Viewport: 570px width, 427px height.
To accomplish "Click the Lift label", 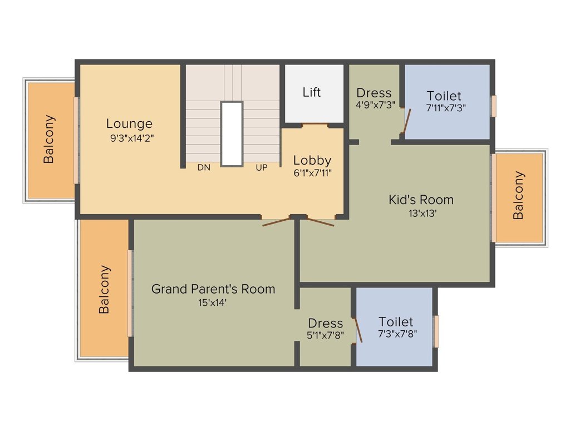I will pos(312,92).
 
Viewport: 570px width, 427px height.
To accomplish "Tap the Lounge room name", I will pos(129,123).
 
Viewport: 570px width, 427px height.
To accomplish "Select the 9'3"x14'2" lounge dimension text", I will pos(132,138).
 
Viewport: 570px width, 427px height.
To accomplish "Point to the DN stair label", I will pos(204,167).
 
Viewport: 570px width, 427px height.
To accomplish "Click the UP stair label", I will pos(262,167).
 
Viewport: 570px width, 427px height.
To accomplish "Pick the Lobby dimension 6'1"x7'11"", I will pos(312,173).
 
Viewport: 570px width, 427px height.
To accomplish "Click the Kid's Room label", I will pos(421,199).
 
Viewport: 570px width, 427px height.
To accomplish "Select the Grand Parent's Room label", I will pos(213,289).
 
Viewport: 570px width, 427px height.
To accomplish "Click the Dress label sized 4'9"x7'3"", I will pos(374,93).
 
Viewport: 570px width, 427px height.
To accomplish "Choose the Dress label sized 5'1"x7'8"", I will pos(326,323).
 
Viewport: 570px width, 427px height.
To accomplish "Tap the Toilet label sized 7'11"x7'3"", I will pos(444,96).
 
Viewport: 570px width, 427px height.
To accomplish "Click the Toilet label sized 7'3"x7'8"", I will pos(396,321).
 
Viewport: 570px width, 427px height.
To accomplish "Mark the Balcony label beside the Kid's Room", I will pos(518,195).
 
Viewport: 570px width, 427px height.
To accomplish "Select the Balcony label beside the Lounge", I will pos(50,139).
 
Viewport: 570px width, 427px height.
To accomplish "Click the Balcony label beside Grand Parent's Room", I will pos(104,289).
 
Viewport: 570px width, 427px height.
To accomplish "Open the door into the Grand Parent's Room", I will pos(277,222).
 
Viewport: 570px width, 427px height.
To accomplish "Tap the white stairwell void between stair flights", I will pos(232,133).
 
